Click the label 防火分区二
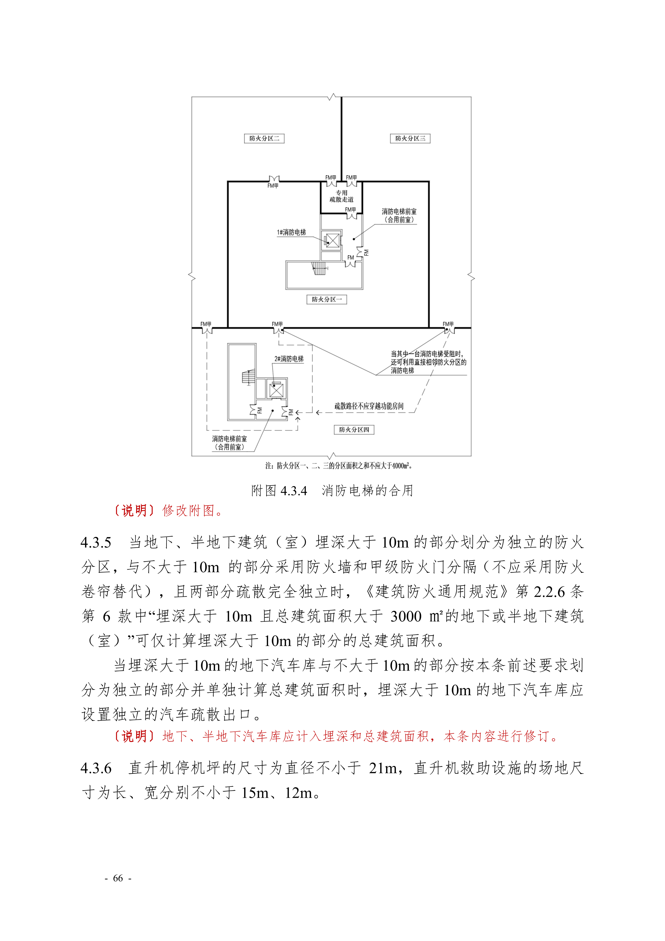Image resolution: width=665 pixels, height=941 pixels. click(264, 138)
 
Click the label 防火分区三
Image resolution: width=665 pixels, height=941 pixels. click(410, 138)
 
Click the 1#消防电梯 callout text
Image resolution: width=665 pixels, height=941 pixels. click(291, 232)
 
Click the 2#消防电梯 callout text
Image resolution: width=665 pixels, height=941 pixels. click(289, 359)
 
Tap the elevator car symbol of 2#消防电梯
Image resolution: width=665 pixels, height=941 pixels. click(276, 390)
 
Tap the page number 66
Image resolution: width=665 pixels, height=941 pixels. click(118, 878)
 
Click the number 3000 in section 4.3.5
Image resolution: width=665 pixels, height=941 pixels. click(406, 616)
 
